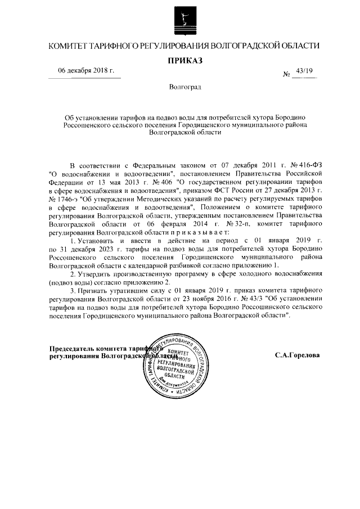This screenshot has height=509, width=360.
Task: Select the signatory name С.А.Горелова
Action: point(298,355)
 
